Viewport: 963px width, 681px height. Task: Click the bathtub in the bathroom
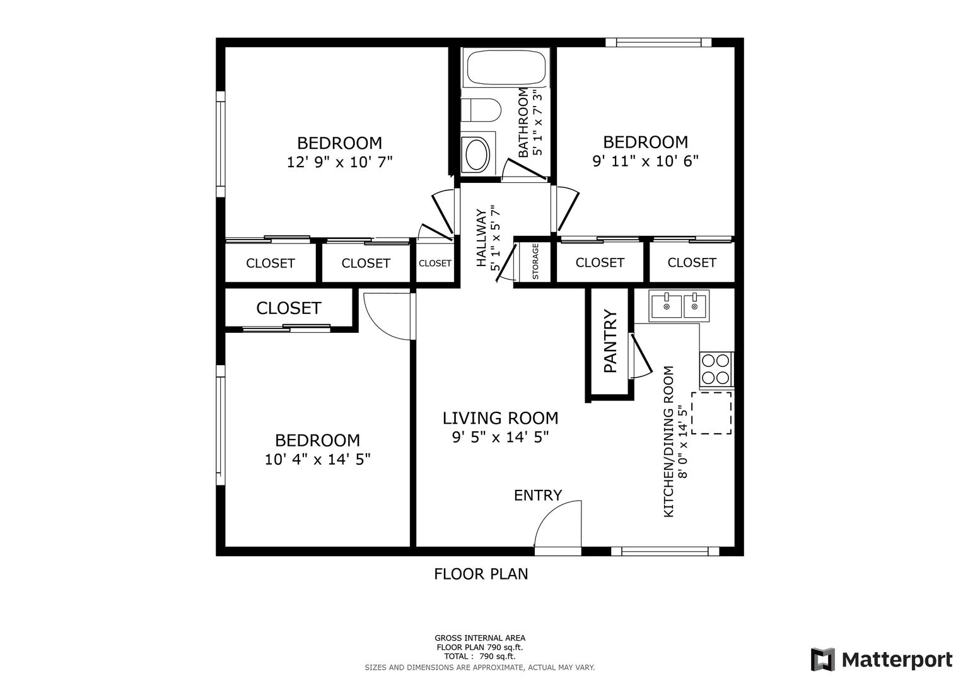[506, 67]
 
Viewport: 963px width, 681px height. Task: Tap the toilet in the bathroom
[481, 110]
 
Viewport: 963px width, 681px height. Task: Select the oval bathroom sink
[477, 154]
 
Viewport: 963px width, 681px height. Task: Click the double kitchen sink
[679, 306]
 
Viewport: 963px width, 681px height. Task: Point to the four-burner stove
[716, 370]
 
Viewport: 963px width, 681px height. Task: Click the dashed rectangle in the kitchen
[711, 413]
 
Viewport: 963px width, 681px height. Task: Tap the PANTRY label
[610, 341]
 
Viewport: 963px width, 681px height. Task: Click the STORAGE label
[535, 261]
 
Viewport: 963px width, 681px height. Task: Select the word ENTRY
[538, 496]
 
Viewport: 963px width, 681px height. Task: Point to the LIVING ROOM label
[500, 418]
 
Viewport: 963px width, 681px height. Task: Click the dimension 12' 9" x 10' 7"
[340, 162]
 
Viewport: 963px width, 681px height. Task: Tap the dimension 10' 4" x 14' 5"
[317, 460]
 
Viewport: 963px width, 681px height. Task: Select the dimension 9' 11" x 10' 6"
[645, 161]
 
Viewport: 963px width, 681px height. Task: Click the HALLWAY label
[481, 238]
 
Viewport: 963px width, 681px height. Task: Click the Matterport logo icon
[822, 660]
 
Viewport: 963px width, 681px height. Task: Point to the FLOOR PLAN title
[481, 574]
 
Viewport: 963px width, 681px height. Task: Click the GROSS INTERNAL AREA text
[480, 638]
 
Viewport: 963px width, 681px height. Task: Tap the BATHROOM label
[523, 123]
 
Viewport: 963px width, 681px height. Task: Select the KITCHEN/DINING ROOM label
[668, 441]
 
